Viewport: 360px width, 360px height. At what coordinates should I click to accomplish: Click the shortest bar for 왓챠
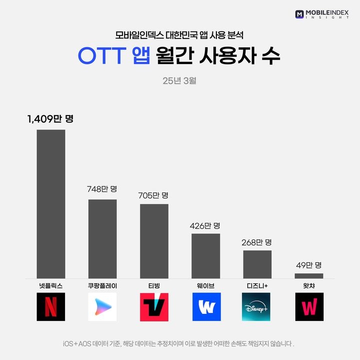308,276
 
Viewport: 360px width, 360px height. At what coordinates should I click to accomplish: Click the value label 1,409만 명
50,119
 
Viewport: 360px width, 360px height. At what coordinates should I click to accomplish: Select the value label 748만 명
102,189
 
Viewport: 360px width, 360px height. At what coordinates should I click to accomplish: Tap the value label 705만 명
153,194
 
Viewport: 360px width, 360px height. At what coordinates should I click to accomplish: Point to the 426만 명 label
205,225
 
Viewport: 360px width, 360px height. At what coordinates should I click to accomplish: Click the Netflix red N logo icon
51,307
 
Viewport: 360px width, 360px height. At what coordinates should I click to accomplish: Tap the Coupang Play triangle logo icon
102,307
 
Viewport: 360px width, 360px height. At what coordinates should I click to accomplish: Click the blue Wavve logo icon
205,307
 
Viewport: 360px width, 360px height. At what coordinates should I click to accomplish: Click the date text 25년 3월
179,80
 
